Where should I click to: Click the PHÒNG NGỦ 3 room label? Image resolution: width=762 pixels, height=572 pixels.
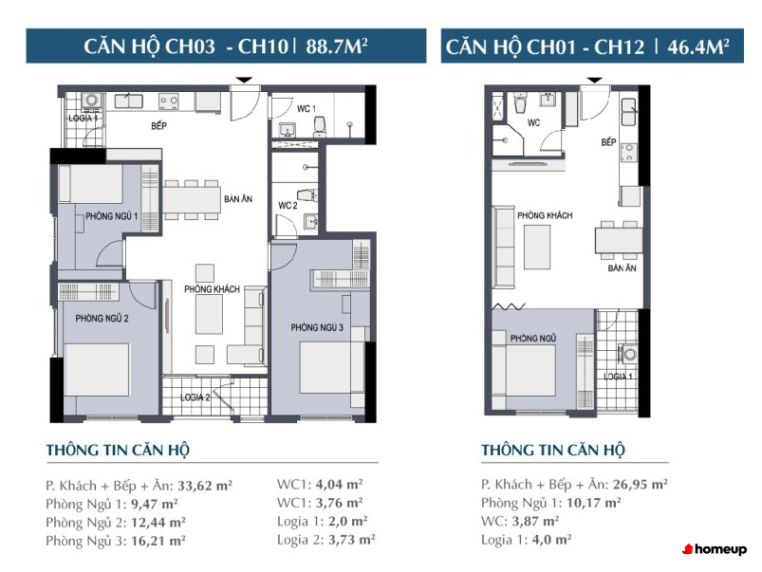[317, 327]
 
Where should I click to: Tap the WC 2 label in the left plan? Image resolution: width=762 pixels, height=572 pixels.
[288, 206]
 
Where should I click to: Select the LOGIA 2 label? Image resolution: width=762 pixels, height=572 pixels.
[195, 397]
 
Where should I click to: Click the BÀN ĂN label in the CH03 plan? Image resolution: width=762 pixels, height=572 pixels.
[238, 199]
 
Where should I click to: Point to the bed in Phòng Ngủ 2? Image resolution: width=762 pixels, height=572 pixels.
[97, 370]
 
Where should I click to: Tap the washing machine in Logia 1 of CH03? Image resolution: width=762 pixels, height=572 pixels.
[91, 101]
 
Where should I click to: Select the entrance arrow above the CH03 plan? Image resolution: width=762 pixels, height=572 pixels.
[244, 80]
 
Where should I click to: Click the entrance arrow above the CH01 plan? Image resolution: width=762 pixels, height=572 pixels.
[594, 80]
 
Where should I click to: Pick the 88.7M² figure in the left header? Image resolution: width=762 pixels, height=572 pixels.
[336, 46]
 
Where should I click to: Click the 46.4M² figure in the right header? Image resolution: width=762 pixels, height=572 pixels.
[697, 46]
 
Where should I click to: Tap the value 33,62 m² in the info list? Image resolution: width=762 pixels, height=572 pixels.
[205, 486]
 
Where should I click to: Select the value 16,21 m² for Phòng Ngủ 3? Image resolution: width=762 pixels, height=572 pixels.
[158, 541]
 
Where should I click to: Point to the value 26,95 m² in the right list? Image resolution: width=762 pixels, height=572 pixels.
[640, 484]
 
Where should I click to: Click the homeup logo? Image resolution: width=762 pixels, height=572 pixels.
[715, 549]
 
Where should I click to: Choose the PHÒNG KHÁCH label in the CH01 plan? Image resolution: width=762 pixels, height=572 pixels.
[545, 215]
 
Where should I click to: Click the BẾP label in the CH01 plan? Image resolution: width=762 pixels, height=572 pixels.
[608, 142]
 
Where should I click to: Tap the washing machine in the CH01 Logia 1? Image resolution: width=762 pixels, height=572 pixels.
[629, 354]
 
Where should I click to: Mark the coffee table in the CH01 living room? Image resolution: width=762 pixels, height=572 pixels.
[537, 247]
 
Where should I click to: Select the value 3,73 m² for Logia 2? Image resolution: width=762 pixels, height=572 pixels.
[351, 540]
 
